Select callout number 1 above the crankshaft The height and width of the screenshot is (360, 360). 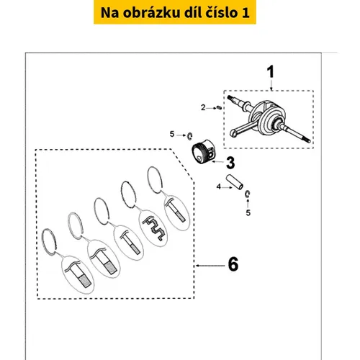tap(271, 71)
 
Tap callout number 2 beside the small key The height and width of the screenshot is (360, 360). tap(203, 108)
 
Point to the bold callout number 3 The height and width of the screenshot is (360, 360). tap(230, 163)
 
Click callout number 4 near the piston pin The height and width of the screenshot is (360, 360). tap(218, 186)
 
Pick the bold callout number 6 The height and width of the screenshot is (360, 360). tap(233, 264)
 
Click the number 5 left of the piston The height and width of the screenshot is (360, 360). tap(172, 134)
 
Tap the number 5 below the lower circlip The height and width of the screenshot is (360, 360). tap(248, 212)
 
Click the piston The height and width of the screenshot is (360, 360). tap(204, 152)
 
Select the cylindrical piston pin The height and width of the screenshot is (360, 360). tap(235, 182)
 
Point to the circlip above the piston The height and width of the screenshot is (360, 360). tap(189, 136)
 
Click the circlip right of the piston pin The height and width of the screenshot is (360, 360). tap(248, 194)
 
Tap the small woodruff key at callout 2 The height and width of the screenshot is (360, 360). tap(219, 107)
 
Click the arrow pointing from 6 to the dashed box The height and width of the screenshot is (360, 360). tap(210, 266)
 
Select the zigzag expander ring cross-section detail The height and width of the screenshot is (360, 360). tap(155, 228)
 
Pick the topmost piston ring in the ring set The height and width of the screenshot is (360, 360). tap(155, 179)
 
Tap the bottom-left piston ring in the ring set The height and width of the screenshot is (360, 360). tap(49, 242)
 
